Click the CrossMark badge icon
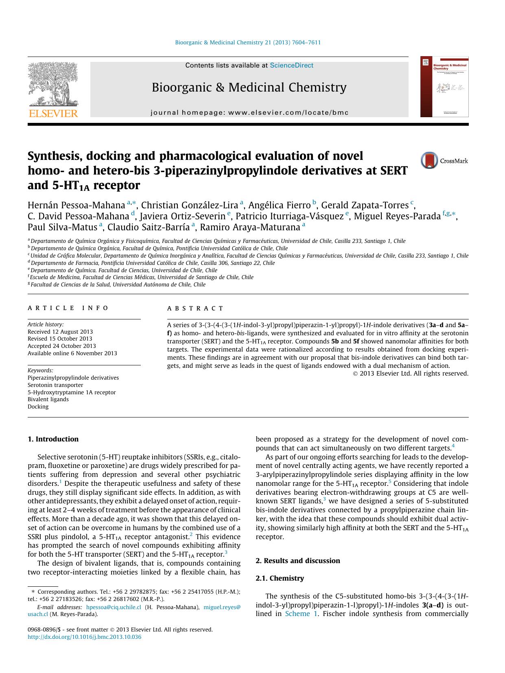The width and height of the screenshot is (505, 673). [x=429, y=161]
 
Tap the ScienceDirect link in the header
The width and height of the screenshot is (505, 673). [x=291, y=65]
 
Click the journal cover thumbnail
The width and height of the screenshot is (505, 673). [x=444, y=87]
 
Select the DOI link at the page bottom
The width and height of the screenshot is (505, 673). [x=84, y=637]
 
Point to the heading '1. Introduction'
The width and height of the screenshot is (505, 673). [x=53, y=439]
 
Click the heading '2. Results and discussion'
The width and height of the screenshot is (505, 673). [x=297, y=561]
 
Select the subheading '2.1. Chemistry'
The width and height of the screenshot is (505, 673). [x=280, y=578]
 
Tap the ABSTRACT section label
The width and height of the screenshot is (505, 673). [x=195, y=308]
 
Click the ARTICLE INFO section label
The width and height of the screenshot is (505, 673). [x=68, y=308]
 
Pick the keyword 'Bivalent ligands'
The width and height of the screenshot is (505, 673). [x=48, y=399]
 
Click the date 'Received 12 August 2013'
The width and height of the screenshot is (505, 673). [x=60, y=332]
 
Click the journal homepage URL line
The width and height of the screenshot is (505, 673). [x=249, y=113]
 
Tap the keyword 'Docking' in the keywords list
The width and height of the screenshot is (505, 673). [x=38, y=406]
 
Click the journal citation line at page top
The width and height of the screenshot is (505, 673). [x=247, y=42]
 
